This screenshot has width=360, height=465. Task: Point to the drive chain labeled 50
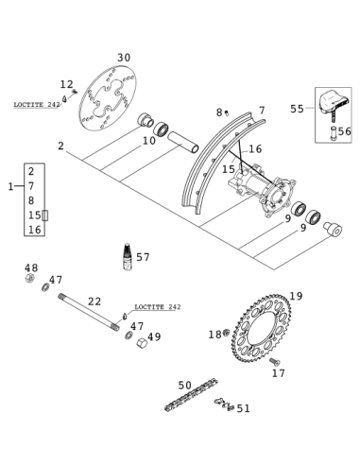pos(191,395)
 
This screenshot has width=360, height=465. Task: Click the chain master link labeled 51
pos(224,405)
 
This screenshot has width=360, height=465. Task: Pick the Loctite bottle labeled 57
pos(127,256)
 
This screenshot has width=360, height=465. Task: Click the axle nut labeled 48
pos(29,278)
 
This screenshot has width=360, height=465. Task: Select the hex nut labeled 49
pos(142,342)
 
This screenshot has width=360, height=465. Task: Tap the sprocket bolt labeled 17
pos(275,362)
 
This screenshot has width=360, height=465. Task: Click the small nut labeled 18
pos(226,333)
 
